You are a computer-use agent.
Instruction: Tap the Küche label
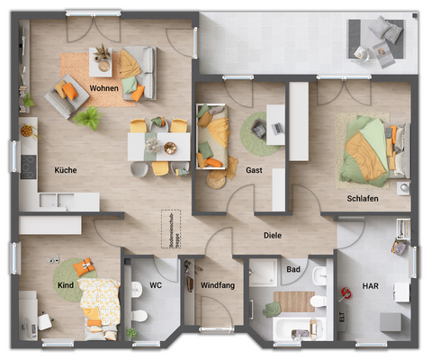65,169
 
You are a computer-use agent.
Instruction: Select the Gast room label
254,170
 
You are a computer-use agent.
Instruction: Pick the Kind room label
66,285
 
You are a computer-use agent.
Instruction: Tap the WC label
156,286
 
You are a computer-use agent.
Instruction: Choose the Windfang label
216,286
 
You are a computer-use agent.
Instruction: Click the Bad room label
293,269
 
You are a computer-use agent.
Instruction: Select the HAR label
371,286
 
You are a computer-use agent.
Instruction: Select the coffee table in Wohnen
102,61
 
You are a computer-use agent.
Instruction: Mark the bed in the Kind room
97,301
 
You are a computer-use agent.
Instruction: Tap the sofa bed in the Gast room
213,137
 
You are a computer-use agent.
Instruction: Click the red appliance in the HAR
344,293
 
